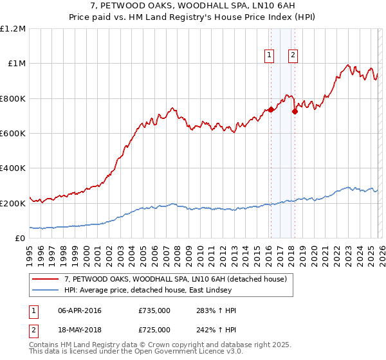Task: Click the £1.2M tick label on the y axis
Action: [x=13, y=29]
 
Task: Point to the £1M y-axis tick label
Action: [x=16, y=64]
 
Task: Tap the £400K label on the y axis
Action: [x=13, y=168]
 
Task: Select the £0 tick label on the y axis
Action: [x=19, y=239]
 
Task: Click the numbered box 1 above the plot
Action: [x=268, y=56]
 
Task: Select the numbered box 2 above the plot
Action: [x=293, y=56]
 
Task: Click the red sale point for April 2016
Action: [x=271, y=109]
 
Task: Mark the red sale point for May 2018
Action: [x=295, y=111]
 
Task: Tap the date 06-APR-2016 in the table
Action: [x=80, y=310]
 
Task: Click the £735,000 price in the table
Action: [x=154, y=310]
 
